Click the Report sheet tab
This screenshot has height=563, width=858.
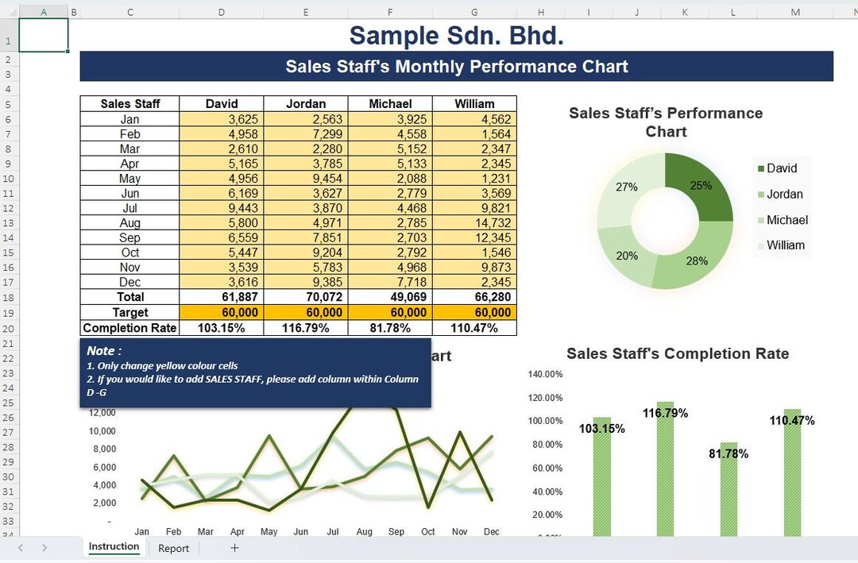[x=173, y=548]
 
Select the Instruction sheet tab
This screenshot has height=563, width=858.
[x=114, y=547]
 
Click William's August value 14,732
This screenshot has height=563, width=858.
[x=474, y=223]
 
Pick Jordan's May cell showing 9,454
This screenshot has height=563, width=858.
[x=306, y=179]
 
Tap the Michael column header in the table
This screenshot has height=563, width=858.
[x=390, y=104]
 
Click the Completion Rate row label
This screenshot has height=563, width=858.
[x=129, y=328]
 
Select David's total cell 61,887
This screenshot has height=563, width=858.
[x=222, y=297]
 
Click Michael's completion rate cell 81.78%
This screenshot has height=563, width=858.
[x=390, y=328]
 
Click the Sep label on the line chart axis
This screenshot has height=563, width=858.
[x=396, y=531]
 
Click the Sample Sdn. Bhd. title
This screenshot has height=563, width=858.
[x=457, y=36]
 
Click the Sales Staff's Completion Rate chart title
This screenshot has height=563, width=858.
[x=677, y=354]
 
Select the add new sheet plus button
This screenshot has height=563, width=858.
[x=234, y=548]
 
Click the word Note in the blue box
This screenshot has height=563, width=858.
[x=102, y=351]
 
